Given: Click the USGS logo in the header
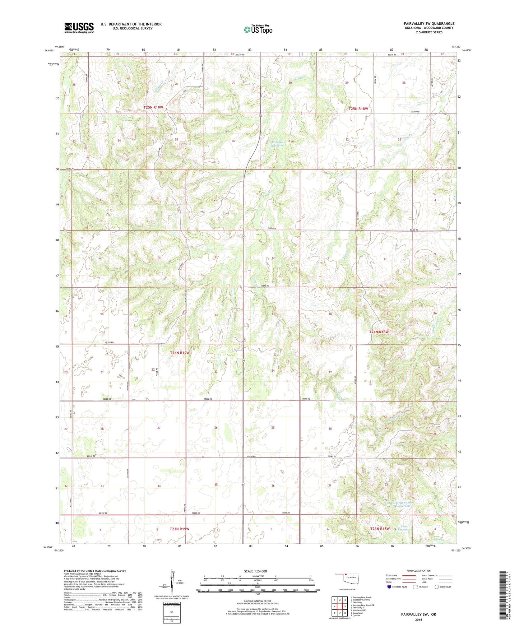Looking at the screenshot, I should point(79,28).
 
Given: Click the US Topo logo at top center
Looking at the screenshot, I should point(258,29).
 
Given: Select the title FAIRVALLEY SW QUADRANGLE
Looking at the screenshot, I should point(429,24).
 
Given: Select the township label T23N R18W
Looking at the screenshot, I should point(380,529).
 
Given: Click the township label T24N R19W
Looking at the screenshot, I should point(180,353).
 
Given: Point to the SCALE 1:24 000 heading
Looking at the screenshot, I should point(255,571).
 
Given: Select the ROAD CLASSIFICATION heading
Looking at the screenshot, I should point(418,571).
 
